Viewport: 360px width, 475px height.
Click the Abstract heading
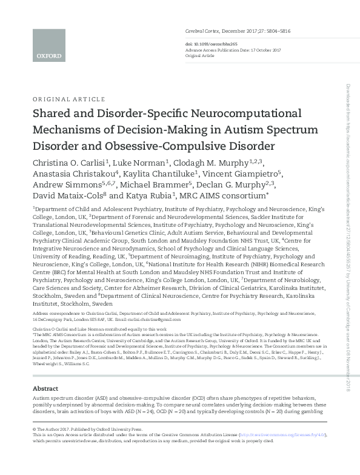(45, 388)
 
